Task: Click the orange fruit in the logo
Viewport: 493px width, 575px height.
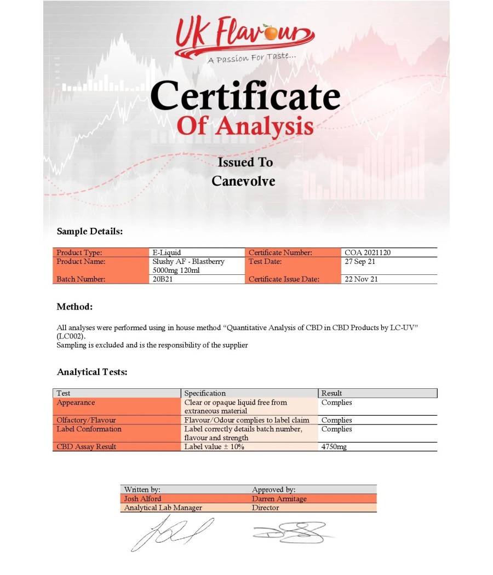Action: (271, 33)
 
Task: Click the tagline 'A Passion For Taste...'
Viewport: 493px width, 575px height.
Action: (252, 57)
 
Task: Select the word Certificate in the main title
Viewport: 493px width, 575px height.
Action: (245, 96)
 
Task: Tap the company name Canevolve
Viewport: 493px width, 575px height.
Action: (243, 181)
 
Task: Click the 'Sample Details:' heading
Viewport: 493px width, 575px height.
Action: (89, 232)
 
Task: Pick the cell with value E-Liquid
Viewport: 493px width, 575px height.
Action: (166, 253)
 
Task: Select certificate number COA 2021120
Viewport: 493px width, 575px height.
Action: (368, 253)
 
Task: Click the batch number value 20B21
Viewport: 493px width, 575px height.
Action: (163, 279)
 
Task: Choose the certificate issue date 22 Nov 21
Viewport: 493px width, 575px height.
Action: (361, 279)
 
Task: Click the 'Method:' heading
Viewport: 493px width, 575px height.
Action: (74, 307)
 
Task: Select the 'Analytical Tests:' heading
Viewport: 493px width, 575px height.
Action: (92, 372)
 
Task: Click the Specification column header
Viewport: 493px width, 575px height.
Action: (205, 393)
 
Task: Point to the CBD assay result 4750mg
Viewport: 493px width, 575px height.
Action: (334, 447)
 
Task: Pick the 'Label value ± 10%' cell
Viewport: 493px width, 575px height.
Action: (214, 447)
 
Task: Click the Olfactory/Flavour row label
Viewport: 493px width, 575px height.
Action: (86, 421)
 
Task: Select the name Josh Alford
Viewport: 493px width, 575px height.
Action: (143, 499)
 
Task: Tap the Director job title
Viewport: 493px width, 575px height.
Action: (266, 508)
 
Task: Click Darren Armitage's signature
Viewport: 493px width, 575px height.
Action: (290, 531)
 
